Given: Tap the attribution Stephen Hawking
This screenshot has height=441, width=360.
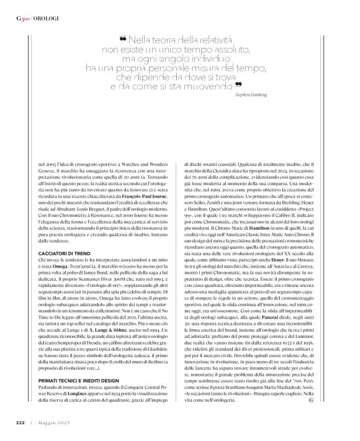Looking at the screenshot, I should [x=251, y=96].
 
